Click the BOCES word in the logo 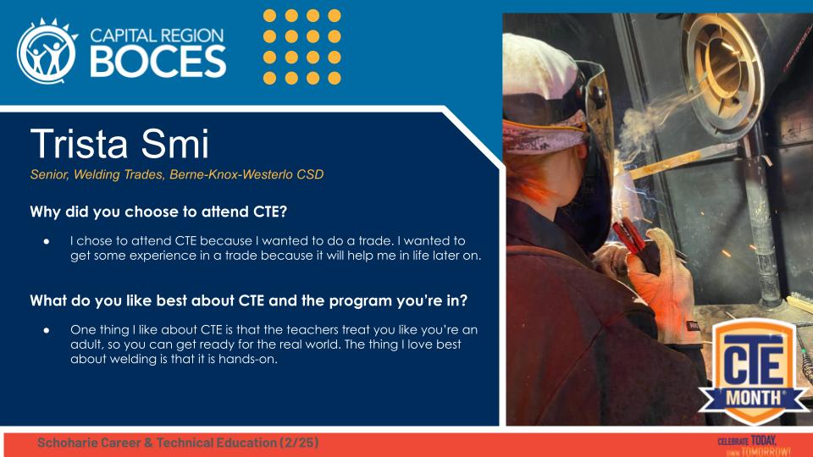pyautogui.click(x=158, y=61)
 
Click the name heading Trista pyautogui.click(x=80, y=146)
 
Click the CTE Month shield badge pyautogui.click(x=750, y=371)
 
